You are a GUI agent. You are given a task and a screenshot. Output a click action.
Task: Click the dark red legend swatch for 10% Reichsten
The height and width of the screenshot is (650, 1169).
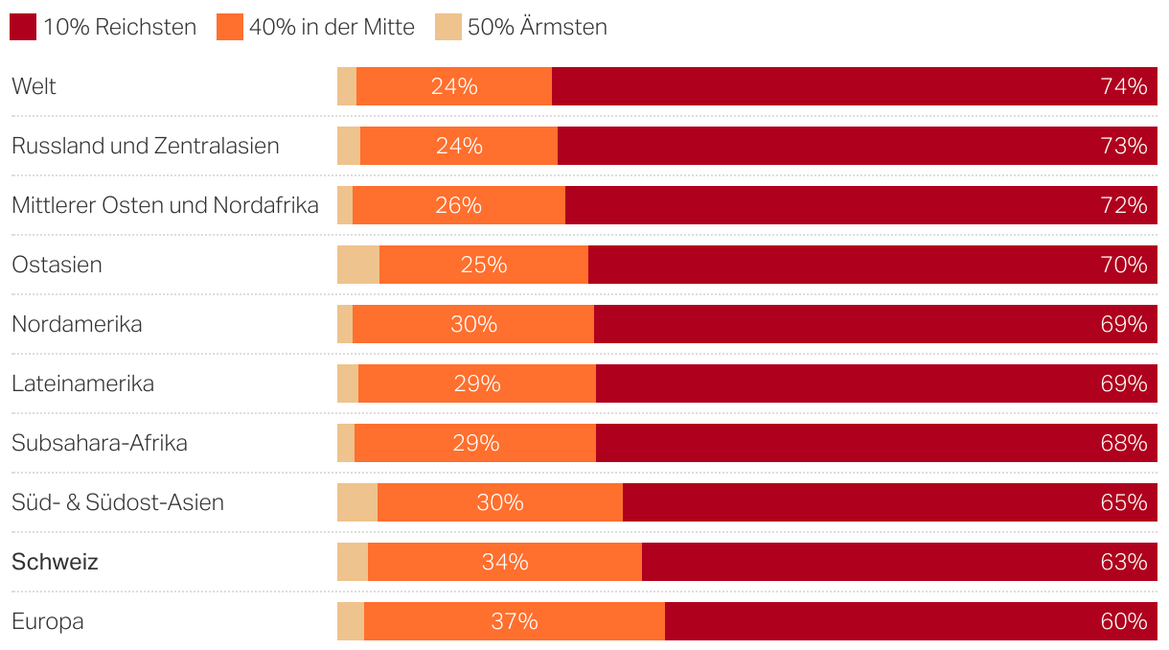pyautogui.click(x=23, y=27)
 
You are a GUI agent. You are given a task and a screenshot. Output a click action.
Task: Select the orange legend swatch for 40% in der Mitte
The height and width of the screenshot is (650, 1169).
pyautogui.click(x=230, y=27)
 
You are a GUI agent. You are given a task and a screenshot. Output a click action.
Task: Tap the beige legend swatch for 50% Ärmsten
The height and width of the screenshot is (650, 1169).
pyautogui.click(x=447, y=27)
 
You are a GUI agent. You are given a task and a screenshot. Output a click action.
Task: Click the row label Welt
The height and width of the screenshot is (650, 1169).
pyautogui.click(x=34, y=86)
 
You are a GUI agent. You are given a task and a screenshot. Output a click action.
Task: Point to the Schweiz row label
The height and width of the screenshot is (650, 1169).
pyautogui.click(x=55, y=562)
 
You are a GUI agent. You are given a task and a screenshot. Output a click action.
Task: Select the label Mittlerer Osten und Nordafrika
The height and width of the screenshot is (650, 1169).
pyautogui.click(x=165, y=205)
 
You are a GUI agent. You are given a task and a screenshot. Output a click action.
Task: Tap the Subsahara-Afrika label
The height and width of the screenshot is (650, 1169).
pyautogui.click(x=100, y=443)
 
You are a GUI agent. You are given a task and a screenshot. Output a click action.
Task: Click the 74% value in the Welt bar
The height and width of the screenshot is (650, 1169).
pyautogui.click(x=1124, y=86)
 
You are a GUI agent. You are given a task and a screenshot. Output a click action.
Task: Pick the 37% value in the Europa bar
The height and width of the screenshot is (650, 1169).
pyautogui.click(x=515, y=621)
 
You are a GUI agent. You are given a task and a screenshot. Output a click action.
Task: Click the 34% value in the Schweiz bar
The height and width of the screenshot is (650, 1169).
pyautogui.click(x=505, y=562)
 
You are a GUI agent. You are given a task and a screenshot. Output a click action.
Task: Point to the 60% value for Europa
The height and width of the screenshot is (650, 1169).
pyautogui.click(x=1124, y=621)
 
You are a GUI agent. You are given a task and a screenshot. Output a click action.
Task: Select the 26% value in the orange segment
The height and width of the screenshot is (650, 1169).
pyautogui.click(x=458, y=205)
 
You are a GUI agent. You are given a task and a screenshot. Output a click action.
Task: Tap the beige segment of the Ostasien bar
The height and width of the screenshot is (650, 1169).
pyautogui.click(x=358, y=265)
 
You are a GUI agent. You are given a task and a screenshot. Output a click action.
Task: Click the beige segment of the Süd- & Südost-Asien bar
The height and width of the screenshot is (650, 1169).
pyautogui.click(x=357, y=502)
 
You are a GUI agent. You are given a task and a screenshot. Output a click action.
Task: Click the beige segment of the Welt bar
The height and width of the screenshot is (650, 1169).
pyautogui.click(x=347, y=86)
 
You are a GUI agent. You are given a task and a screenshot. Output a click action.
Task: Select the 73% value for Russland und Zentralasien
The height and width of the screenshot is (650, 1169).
pyautogui.click(x=1124, y=146)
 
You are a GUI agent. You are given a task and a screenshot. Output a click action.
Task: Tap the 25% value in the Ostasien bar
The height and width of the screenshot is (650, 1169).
pyautogui.click(x=483, y=265)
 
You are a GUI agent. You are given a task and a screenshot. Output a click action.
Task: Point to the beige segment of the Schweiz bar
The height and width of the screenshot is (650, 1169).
pyautogui.click(x=353, y=562)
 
